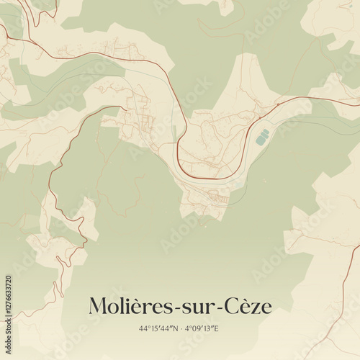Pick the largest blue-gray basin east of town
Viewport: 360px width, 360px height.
pos(262,137)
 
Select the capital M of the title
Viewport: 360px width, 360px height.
pos(98,307)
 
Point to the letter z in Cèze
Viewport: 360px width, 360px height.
pos(256,308)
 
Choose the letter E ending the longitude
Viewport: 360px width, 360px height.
pos(216,328)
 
